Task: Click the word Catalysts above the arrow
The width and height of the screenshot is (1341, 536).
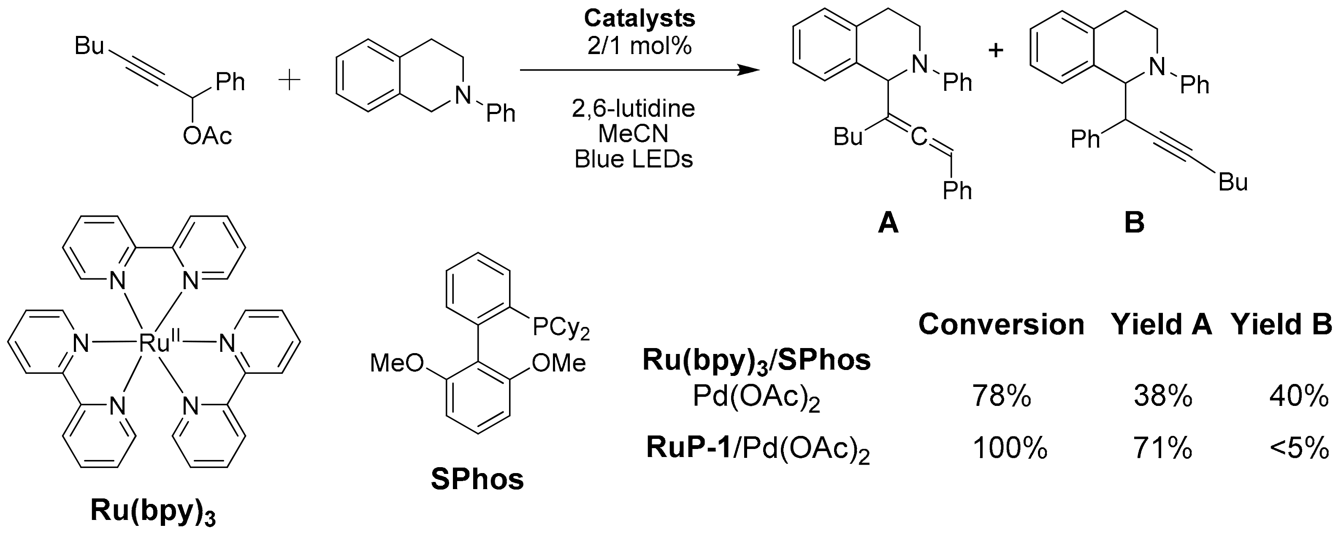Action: (x=639, y=19)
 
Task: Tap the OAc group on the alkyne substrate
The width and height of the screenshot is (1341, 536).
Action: (x=207, y=136)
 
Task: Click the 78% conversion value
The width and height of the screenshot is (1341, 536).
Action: (x=1001, y=397)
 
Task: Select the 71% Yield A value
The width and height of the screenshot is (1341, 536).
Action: (x=1162, y=449)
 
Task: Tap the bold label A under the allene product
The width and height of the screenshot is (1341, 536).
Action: (x=888, y=223)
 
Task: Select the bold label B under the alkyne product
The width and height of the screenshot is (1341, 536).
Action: (x=1134, y=223)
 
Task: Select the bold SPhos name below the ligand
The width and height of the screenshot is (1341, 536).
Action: (x=477, y=480)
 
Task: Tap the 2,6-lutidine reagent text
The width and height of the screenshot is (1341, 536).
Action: (x=634, y=109)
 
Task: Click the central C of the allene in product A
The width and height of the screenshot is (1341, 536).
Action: (x=920, y=137)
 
